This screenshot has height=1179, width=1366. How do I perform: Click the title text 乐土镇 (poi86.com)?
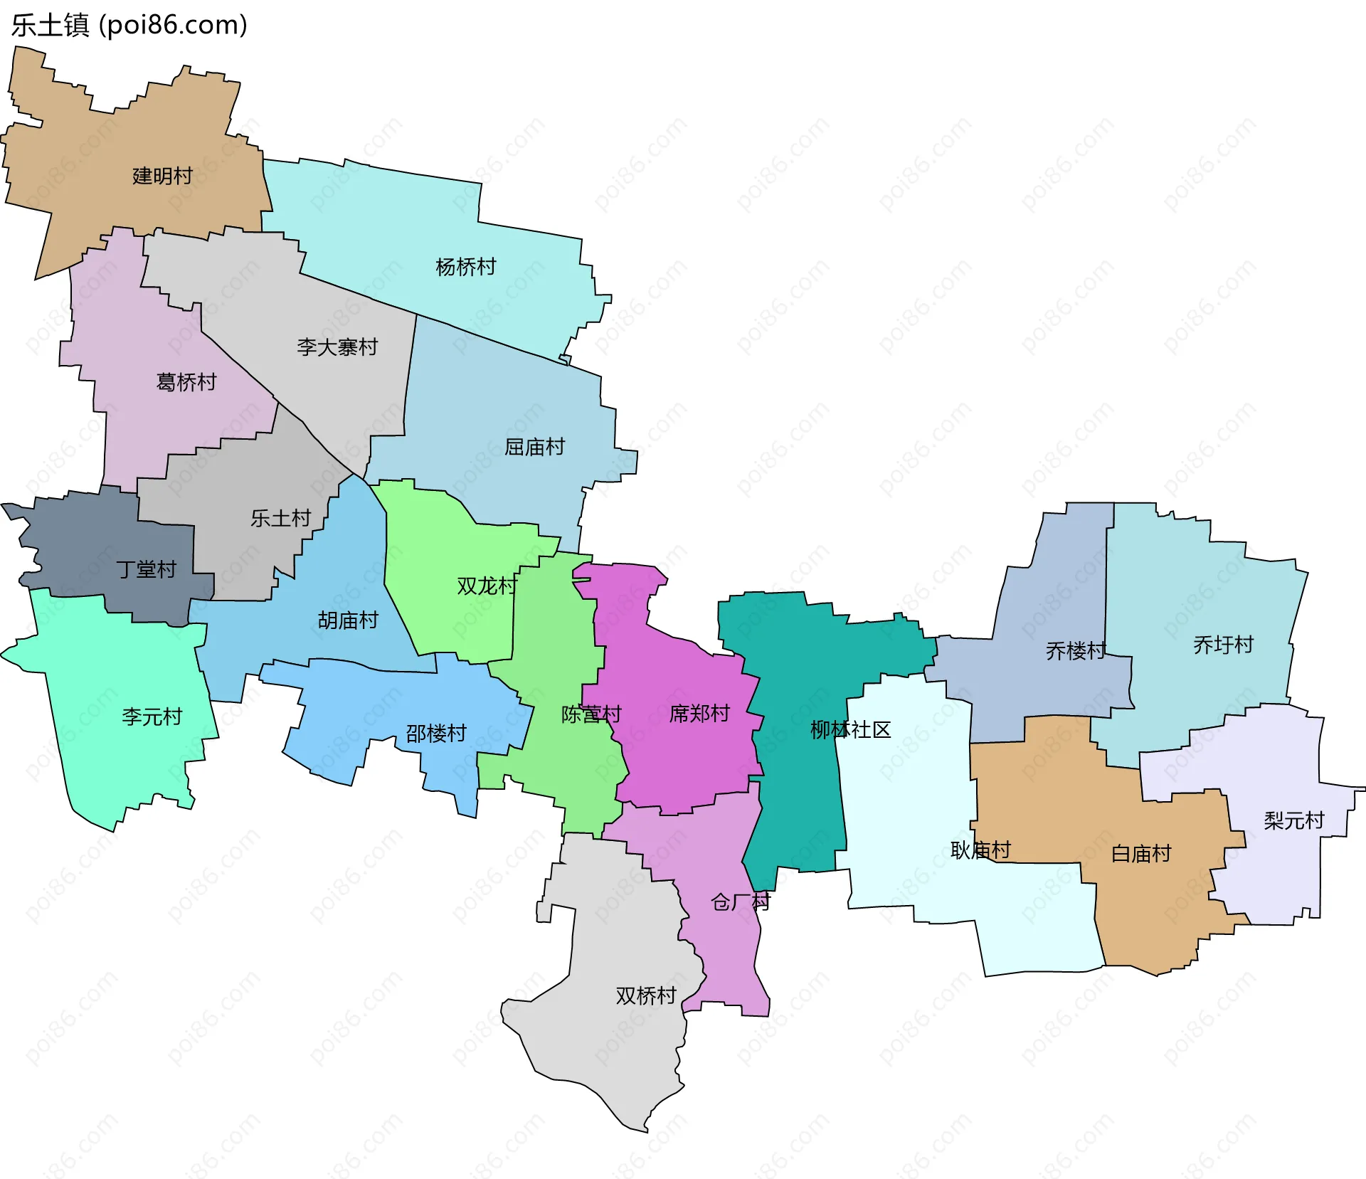129,25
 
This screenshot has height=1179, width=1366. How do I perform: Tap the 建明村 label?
162,176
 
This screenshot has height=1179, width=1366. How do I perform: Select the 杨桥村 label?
465,267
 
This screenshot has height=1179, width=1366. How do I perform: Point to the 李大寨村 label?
337,347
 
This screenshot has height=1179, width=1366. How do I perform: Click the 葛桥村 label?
186,382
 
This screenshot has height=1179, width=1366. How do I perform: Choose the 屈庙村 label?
534,447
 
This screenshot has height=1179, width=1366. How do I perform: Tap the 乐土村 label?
280,518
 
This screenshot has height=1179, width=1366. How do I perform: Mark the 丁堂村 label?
147,569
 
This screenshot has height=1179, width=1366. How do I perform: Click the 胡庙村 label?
347,620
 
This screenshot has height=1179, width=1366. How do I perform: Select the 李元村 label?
152,717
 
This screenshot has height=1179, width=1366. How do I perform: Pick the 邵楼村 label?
435,733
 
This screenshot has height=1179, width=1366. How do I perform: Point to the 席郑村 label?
699,713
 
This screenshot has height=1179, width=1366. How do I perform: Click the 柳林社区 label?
850,729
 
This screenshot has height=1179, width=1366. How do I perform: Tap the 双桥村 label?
645,995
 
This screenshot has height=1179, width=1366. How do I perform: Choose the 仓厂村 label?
740,902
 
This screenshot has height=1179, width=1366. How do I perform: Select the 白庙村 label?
1141,853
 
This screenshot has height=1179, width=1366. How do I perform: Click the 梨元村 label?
1293,820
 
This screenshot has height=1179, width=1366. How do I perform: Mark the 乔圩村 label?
1223,645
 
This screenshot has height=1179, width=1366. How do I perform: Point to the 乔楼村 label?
1076,650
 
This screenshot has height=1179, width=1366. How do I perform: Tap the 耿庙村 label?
980,850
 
